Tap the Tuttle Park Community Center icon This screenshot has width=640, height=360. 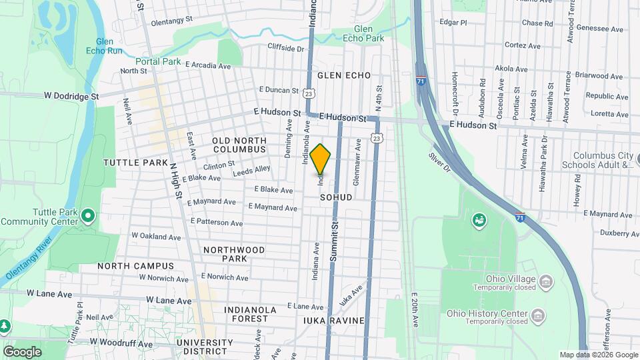[89, 215]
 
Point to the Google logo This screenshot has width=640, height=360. [22, 352]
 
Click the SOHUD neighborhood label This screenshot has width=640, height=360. [335, 198]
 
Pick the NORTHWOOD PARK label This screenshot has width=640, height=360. [234, 254]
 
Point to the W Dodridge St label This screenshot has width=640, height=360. [63, 96]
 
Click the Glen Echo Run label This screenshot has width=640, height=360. [105, 45]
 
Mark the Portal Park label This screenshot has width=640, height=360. [157, 61]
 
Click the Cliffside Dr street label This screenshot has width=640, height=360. [285, 48]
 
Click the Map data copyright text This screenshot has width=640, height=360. [597, 355]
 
